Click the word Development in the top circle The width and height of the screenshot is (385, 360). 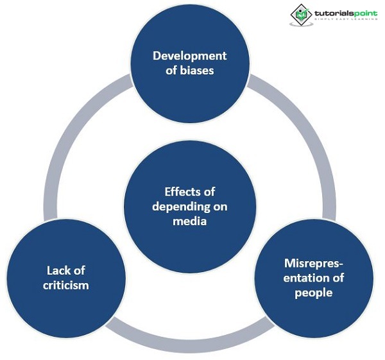189,56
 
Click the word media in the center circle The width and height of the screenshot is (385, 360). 189,221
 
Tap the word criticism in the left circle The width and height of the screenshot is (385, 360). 67,285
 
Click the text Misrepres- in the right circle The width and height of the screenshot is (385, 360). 314,264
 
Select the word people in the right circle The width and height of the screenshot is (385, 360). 314,293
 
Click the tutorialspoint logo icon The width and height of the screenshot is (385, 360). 301,14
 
